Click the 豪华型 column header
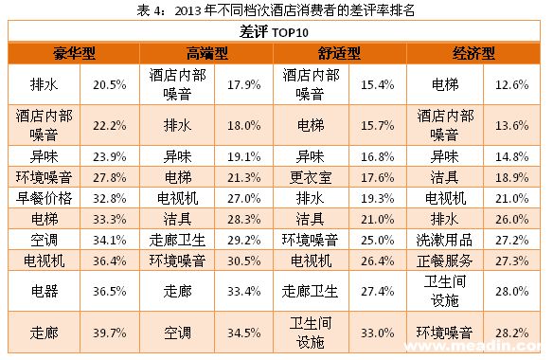(x=74, y=54)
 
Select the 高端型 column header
(x=207, y=54)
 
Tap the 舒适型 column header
(x=339, y=54)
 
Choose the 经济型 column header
(x=473, y=54)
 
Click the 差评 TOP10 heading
(x=274, y=32)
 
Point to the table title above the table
(x=276, y=10)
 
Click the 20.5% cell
(x=110, y=84)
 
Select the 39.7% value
(x=110, y=333)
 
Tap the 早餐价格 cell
(x=45, y=198)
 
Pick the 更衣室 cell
(x=311, y=177)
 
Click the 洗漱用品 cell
(x=444, y=241)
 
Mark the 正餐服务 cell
(x=444, y=261)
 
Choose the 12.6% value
(x=512, y=84)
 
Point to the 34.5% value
(x=243, y=333)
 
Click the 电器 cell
(x=45, y=291)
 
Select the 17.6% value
(x=378, y=177)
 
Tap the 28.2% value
(x=512, y=333)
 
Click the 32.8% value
(x=110, y=198)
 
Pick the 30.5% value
(x=243, y=261)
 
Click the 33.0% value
(x=378, y=333)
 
